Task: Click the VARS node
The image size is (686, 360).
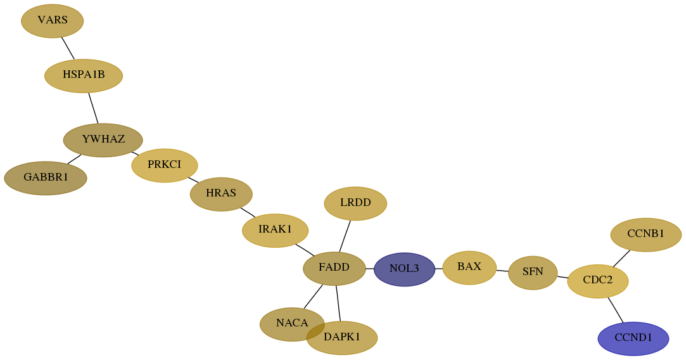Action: (52, 21)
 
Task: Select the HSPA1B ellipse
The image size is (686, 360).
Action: (84, 76)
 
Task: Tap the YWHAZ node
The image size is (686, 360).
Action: (103, 140)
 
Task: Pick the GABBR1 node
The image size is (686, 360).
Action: (46, 178)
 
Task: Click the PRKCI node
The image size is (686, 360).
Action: (165, 165)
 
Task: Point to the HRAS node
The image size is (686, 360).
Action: (221, 194)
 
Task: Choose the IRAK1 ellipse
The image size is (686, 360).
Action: (275, 230)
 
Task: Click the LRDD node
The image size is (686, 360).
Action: (355, 203)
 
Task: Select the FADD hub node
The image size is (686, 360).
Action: (334, 269)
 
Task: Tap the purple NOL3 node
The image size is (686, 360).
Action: (405, 269)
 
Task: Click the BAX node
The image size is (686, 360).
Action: (469, 267)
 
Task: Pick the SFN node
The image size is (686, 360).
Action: (533, 273)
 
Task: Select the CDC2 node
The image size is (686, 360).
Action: (597, 281)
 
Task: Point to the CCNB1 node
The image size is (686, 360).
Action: (645, 235)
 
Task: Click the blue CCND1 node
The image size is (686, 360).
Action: (633, 338)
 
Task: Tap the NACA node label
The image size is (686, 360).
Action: (292, 323)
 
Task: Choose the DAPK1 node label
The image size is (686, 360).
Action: (342, 337)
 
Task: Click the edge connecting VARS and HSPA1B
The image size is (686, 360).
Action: (68, 48)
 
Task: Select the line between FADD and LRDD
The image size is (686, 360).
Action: (345, 236)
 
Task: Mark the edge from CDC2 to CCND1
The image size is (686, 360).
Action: (616, 310)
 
